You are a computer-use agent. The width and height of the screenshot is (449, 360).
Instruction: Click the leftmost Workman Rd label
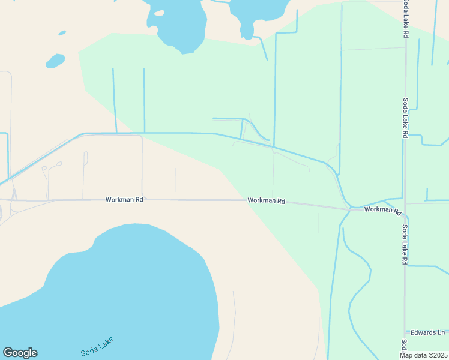[x=124, y=199]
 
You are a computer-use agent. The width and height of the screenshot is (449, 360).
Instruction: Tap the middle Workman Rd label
[x=266, y=201]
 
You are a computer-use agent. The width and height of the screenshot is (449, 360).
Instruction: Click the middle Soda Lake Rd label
[x=406, y=118]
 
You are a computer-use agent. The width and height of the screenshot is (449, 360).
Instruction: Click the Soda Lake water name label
[x=97, y=347]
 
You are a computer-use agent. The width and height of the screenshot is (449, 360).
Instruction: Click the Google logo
[x=20, y=353]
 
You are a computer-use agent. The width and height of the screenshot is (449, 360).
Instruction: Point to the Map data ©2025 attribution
[x=424, y=355]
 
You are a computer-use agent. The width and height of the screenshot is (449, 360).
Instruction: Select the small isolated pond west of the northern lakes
[x=55, y=61]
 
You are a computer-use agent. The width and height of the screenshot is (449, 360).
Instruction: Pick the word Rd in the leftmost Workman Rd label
[x=139, y=199]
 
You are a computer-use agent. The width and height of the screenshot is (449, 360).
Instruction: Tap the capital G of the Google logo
[x=8, y=353]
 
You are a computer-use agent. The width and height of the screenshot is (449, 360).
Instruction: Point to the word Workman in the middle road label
[x=261, y=201]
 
